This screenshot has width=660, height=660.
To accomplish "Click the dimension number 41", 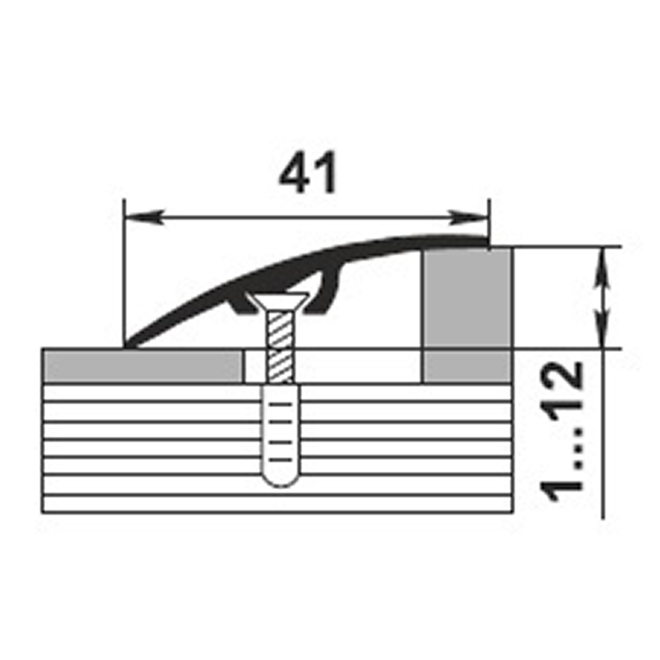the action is (x=308, y=172).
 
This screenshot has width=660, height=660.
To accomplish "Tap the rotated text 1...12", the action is (x=562, y=432).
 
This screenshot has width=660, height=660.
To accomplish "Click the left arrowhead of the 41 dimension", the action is (x=143, y=217).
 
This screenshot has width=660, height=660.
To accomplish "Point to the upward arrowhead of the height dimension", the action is (x=603, y=269).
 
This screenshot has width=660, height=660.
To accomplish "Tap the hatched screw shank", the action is (x=279, y=347).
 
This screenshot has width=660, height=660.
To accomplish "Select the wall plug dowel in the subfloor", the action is (x=281, y=435).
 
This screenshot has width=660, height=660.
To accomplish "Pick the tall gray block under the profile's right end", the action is (x=467, y=298).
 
